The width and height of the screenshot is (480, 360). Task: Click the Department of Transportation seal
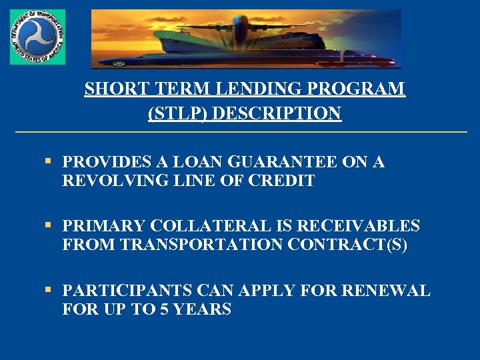[x=37, y=37]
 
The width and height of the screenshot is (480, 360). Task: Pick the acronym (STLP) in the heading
[x=177, y=114]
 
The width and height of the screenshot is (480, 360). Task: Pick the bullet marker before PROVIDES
[x=49, y=161]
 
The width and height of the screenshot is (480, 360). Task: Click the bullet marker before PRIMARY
[x=49, y=226]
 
